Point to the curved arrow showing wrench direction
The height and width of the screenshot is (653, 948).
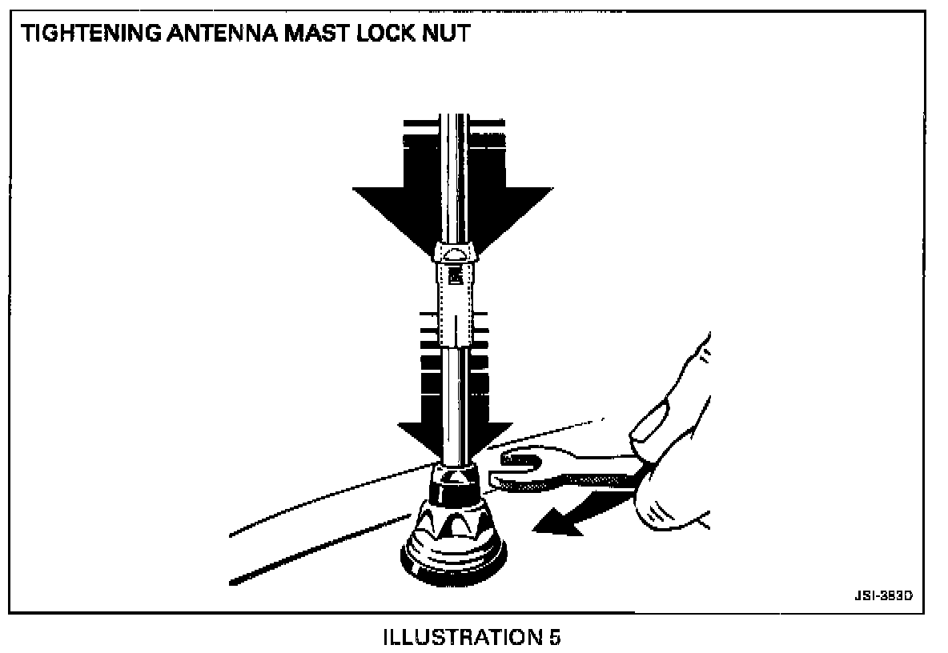coord(568,517)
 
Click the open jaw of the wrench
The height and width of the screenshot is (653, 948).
coord(516,468)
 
